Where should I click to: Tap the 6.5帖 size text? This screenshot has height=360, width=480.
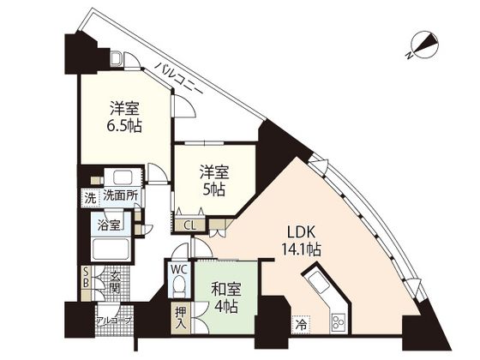(124, 125)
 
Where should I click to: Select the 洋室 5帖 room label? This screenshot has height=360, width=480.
(214, 180)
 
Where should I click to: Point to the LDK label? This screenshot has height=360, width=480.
(301, 232)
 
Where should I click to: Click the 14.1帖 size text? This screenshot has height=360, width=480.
(301, 249)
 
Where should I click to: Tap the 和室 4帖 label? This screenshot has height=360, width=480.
(226, 297)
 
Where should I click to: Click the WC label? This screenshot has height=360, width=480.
(179, 270)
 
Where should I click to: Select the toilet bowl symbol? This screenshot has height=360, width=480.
(179, 285)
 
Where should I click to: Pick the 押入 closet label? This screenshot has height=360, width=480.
(181, 318)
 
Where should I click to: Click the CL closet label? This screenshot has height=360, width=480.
(190, 225)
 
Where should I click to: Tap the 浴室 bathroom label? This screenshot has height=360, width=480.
(109, 225)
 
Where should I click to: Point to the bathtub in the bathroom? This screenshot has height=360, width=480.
(111, 249)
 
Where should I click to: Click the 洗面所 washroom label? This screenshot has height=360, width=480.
(120, 196)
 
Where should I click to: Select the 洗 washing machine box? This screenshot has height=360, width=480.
(90, 198)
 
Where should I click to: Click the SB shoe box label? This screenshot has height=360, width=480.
(86, 278)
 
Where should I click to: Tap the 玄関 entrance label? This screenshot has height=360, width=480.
(115, 282)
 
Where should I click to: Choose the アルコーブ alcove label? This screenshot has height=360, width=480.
(114, 321)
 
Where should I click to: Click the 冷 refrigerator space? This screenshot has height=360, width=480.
(301, 324)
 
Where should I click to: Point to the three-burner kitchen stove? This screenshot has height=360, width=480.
(338, 324)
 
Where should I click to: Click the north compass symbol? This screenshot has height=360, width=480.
(424, 46)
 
